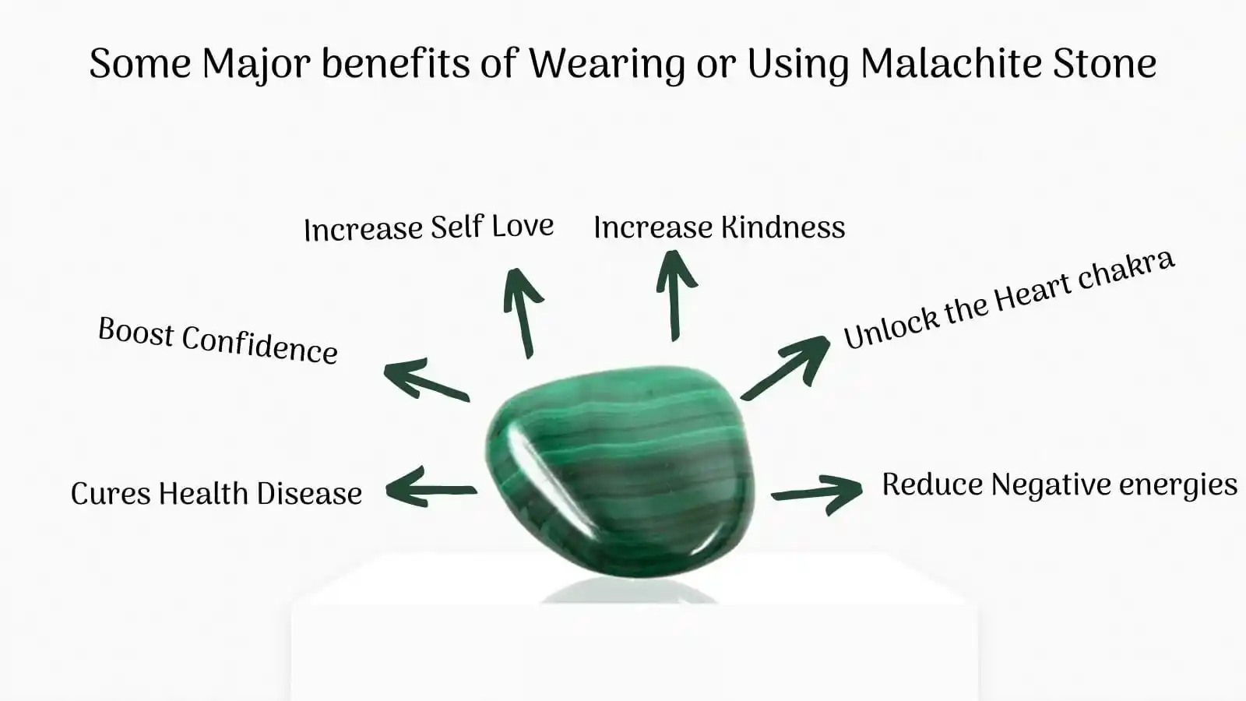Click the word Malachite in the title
[950, 63]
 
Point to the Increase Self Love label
[429, 227]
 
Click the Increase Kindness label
[720, 227]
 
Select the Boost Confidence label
[218, 340]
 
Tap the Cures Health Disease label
[216, 494]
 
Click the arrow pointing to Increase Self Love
[522, 312]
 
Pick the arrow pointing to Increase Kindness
[675, 295]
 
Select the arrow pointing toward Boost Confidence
[426, 380]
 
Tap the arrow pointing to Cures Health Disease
[431, 488]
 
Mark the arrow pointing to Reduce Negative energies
[817, 494]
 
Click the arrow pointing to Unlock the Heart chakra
[786, 367]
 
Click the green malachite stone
[620, 471]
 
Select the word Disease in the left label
[309, 494]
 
